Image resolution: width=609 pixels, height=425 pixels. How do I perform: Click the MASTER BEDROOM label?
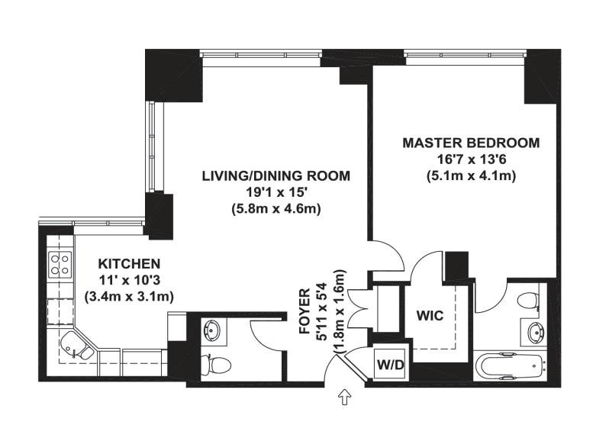(471, 143)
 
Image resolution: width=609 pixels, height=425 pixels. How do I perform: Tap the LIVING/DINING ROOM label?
(276, 176)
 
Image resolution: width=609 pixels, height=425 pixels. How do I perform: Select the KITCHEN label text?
(129, 264)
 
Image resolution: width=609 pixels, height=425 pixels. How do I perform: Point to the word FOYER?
(304, 311)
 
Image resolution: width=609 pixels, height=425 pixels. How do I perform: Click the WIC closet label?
(430, 315)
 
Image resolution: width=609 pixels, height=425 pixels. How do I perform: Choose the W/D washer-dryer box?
(391, 364)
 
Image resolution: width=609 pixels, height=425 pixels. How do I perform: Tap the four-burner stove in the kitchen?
(60, 264)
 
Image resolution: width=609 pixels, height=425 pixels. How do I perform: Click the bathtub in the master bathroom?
(511, 366)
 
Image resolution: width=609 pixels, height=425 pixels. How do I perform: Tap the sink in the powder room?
(211, 331)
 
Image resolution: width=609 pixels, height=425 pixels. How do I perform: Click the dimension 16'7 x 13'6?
(471, 159)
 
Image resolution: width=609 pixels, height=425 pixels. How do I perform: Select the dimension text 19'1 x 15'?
(276, 193)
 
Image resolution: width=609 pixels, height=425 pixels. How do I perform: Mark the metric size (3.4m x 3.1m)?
(129, 297)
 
